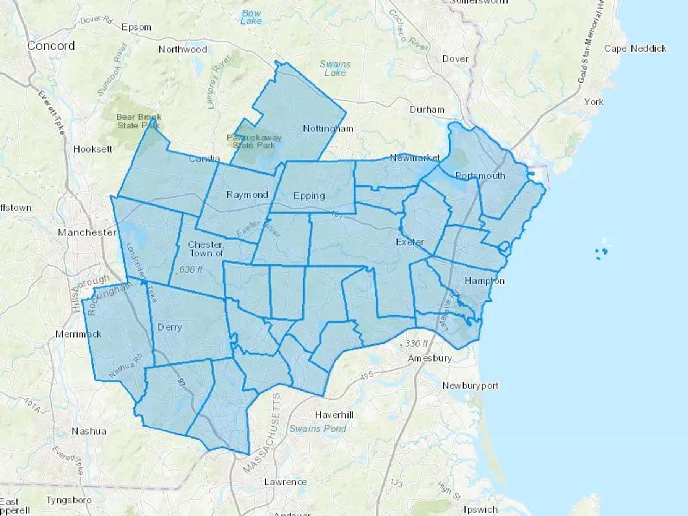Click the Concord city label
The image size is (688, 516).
(51, 46)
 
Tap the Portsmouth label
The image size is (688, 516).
(480, 176)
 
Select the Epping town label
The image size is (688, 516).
(309, 196)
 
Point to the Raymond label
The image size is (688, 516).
(247, 195)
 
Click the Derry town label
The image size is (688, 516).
(170, 327)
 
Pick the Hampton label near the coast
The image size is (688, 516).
(484, 281)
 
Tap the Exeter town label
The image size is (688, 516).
(410, 242)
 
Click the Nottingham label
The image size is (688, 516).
(328, 129)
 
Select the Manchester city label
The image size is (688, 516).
(87, 232)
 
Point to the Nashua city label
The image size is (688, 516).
(89, 431)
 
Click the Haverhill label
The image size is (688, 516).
(334, 415)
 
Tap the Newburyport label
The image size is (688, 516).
(470, 386)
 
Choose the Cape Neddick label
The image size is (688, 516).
(635, 49)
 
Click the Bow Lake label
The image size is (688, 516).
(251, 17)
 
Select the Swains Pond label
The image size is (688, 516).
(318, 428)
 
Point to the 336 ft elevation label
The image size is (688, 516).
(416, 344)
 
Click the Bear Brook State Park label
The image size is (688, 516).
(139, 121)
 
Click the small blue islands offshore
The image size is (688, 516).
(601, 252)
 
